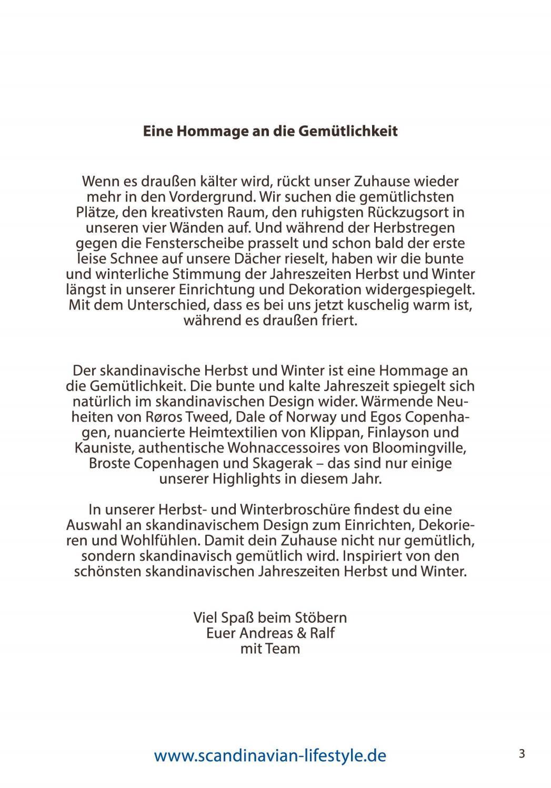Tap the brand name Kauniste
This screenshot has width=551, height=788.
point(100,448)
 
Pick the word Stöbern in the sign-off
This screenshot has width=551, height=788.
point(320,617)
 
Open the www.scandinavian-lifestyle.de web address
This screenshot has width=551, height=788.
point(270,755)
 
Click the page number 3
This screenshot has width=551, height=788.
point(521,753)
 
